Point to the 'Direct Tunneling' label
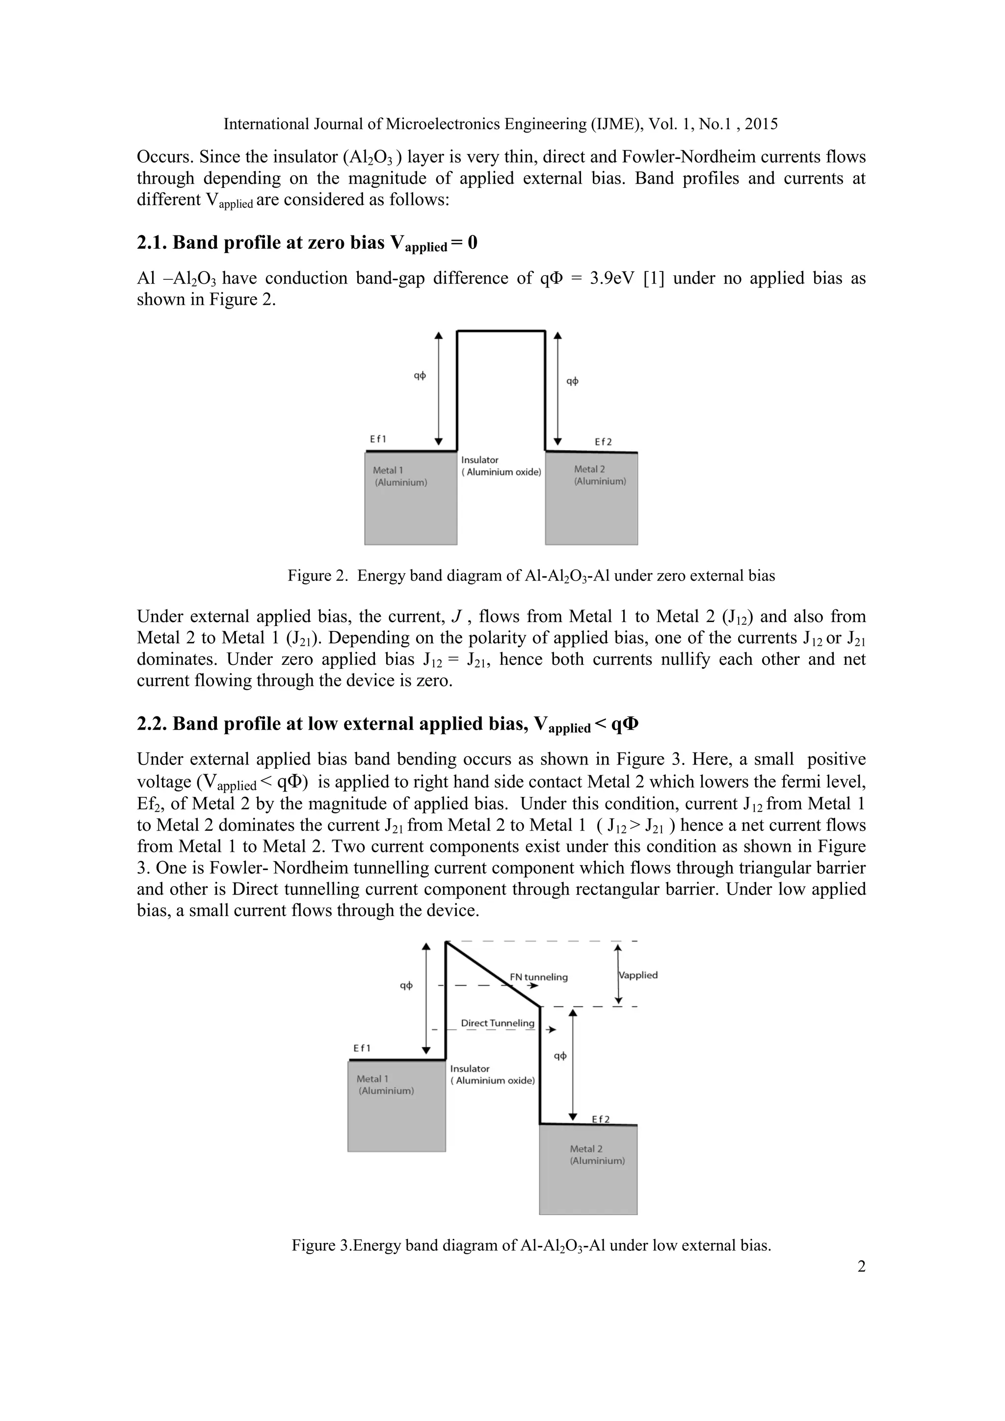(498, 1023)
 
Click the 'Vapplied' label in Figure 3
(638, 975)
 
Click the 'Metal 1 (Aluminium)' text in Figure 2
(400, 476)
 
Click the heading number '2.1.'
(152, 242)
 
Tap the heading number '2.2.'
(152, 723)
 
